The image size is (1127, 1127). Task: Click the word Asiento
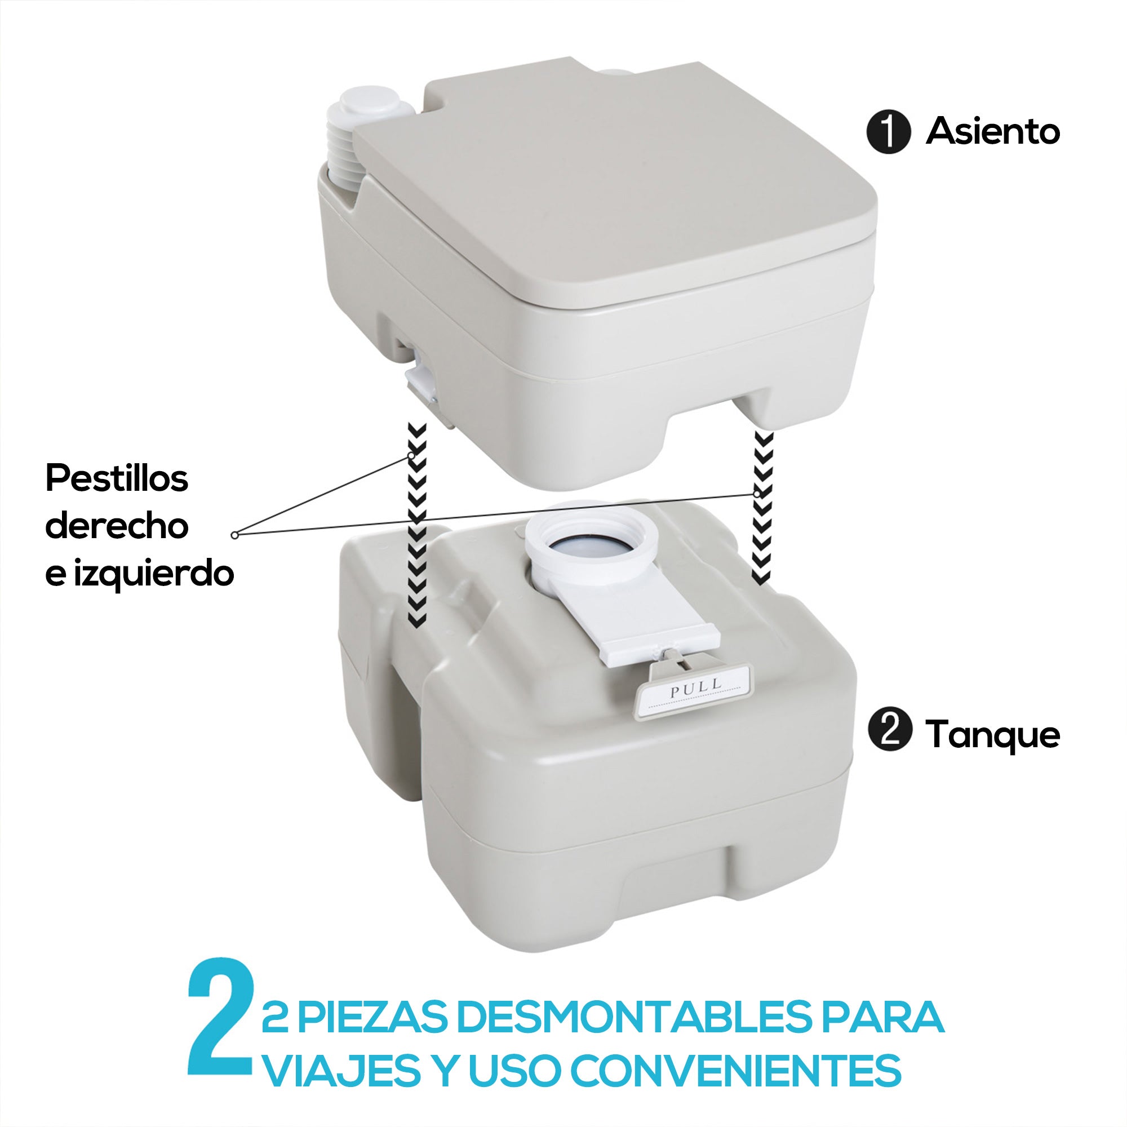pos(992,131)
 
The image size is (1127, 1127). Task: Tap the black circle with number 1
pos(888,133)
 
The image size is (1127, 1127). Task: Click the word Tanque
pos(992,734)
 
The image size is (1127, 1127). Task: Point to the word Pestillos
pos(117,480)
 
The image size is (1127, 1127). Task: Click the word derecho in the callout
pos(117,526)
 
